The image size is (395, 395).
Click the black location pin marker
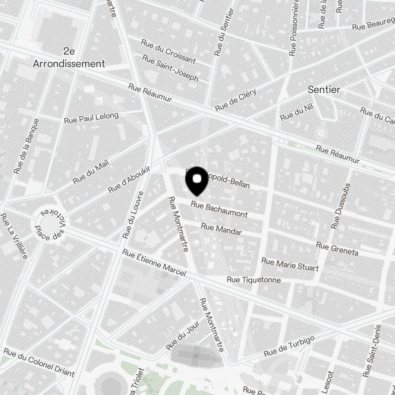(197, 181)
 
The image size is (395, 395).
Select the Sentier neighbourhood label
(324, 90)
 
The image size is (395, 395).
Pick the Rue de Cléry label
(236, 100)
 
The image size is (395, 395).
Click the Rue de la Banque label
(27, 146)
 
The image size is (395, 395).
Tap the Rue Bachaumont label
(219, 209)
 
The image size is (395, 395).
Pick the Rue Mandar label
(221, 229)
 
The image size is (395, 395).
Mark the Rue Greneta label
(337, 249)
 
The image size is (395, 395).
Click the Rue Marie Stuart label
(290, 264)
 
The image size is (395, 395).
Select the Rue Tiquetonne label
(254, 280)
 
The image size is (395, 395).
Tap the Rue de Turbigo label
(290, 346)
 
